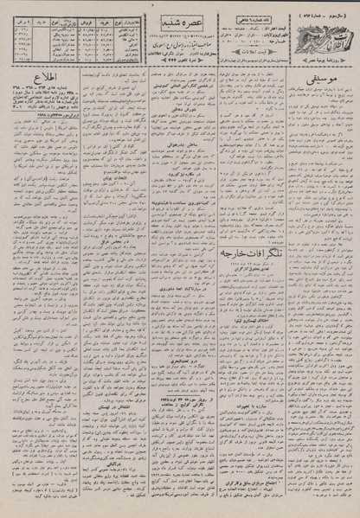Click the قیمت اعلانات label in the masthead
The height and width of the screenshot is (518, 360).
click(246, 55)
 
